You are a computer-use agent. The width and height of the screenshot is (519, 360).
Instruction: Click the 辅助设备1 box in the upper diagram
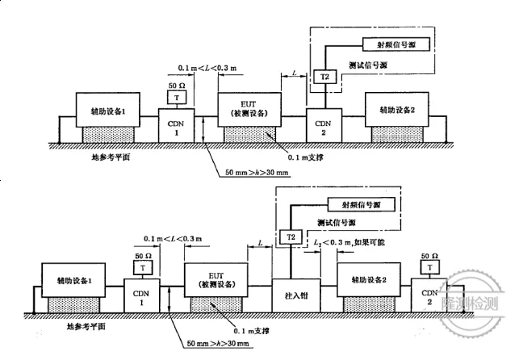[x=103, y=111]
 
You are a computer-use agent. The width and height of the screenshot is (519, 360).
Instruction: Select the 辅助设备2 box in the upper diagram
[x=396, y=110]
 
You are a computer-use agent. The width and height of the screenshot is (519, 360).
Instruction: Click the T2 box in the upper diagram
[x=324, y=77]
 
